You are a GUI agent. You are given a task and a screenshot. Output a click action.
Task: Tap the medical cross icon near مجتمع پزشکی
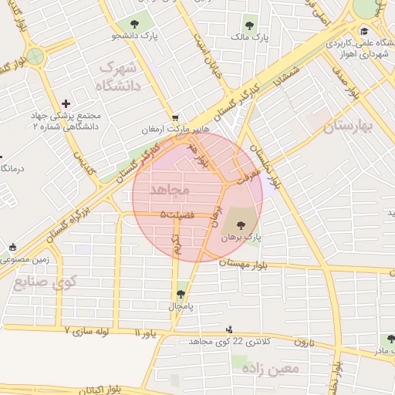click(66, 103)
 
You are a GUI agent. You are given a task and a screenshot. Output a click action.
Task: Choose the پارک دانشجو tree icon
click(136, 23)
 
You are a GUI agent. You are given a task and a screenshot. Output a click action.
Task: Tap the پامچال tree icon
click(181, 293)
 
